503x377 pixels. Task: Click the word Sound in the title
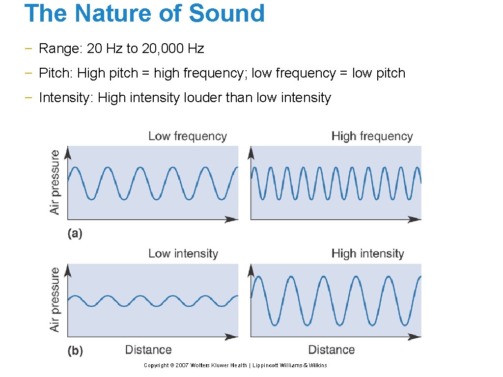coord(226,13)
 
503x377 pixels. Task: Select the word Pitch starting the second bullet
coord(56,73)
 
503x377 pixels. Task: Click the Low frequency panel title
coord(188,136)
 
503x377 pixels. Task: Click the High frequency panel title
coord(372,136)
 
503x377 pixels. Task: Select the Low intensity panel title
coord(183,254)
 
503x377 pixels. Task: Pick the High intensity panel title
coord(367,254)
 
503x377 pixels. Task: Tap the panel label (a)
coord(75,234)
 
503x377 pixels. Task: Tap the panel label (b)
coord(75,351)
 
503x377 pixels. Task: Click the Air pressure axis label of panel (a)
coord(55,182)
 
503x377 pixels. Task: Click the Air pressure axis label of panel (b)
coord(55,299)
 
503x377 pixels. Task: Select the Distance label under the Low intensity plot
coord(148,350)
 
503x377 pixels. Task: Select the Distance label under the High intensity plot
coord(332,350)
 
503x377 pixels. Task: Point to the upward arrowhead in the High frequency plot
coord(251,153)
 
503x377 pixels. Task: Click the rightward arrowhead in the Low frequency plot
coord(231,219)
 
